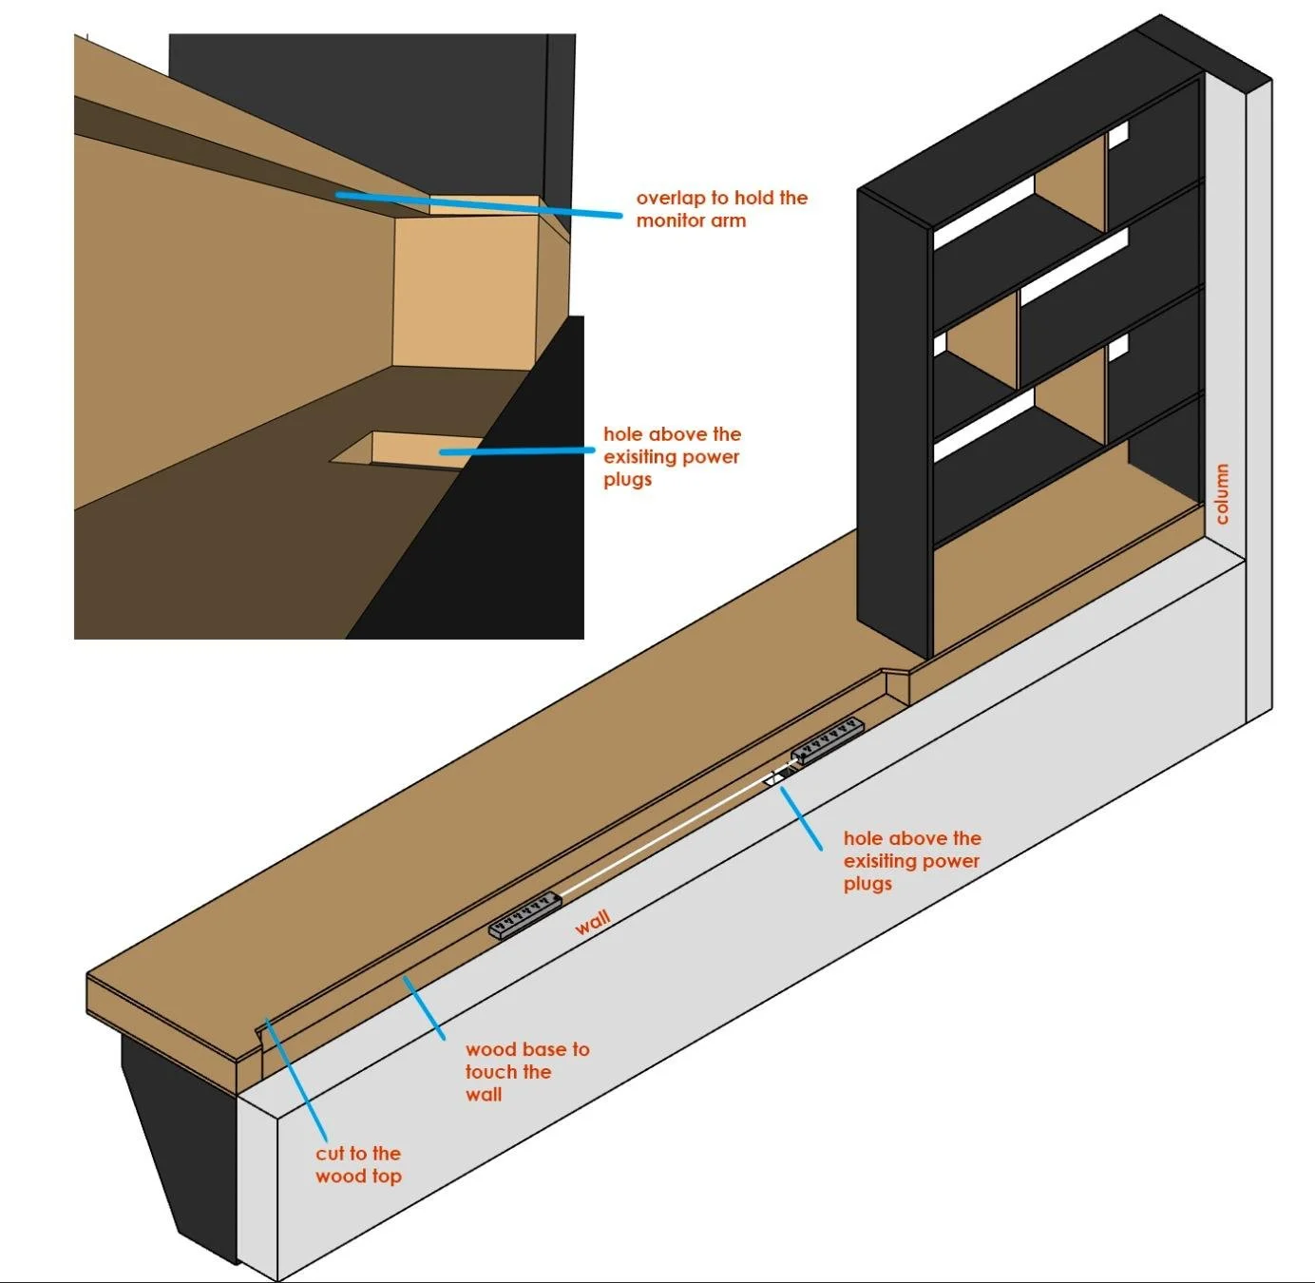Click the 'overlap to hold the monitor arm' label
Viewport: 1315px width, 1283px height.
[x=721, y=209]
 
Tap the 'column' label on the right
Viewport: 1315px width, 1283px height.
[x=1222, y=494]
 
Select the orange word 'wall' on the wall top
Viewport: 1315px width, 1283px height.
[x=592, y=922]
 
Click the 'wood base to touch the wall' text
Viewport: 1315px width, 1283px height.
[x=526, y=1072]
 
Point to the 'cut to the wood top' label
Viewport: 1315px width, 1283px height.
[x=358, y=1164]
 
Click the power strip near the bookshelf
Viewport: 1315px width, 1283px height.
[x=828, y=740]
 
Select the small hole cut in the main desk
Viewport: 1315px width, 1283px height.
[x=781, y=776]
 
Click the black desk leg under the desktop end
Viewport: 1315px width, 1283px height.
[x=181, y=1140]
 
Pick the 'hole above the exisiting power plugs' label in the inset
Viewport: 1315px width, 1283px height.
[x=671, y=456]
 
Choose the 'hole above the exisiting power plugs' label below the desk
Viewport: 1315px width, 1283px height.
[x=911, y=861]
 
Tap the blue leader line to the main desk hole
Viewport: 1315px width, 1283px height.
[x=802, y=819]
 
